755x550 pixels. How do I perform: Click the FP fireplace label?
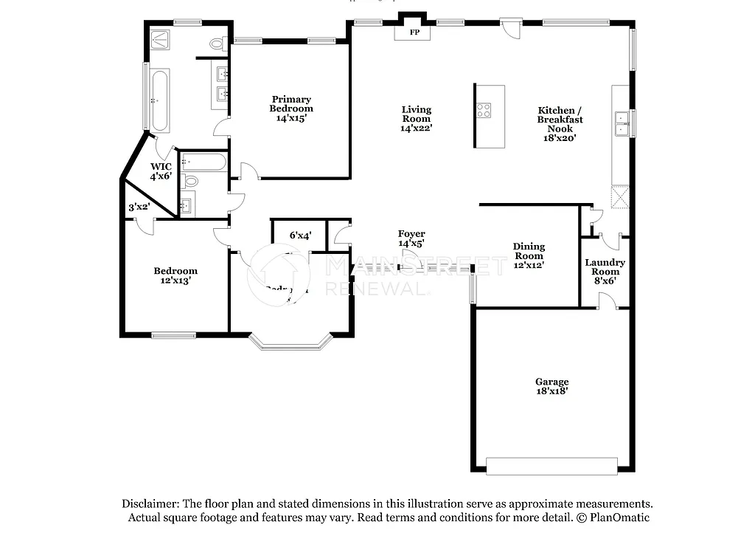[414, 32]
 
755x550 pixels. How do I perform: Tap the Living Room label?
[416, 118]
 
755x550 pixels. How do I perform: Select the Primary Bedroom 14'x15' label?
[291, 109]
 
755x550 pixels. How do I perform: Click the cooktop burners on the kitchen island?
[484, 111]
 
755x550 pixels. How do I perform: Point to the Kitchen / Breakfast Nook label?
[560, 124]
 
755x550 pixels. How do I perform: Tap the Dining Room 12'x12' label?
[529, 255]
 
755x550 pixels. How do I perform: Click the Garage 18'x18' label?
[552, 386]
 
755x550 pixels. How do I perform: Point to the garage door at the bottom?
[552, 466]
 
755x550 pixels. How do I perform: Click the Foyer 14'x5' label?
[411, 238]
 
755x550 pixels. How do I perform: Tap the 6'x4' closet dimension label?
[300, 236]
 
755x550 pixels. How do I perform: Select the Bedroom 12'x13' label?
[175, 275]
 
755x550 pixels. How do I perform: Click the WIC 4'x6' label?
[161, 171]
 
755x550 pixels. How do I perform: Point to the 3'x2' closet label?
[139, 207]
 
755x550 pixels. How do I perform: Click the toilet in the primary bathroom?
[217, 44]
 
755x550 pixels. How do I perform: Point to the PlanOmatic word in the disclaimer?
[619, 518]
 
